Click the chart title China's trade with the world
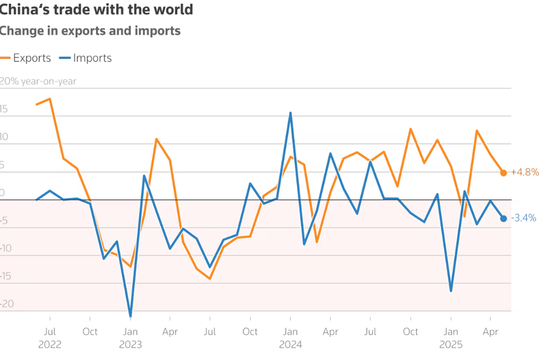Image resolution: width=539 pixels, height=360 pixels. click(96, 10)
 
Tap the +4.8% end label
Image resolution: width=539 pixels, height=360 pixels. click(524, 172)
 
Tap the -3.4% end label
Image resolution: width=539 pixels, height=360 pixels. click(523, 218)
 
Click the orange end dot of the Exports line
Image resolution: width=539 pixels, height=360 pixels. click(503, 173)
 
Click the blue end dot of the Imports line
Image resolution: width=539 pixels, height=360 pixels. click(503, 218)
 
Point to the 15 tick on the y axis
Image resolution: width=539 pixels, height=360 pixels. click(4, 109)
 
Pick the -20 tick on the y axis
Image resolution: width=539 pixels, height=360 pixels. click(6, 304)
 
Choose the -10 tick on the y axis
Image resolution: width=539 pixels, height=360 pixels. click(6, 248)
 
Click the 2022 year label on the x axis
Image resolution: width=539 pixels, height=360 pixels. click(50, 345)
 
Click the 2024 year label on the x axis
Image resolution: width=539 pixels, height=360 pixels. click(291, 345)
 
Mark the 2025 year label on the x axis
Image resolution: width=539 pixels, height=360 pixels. click(451, 345)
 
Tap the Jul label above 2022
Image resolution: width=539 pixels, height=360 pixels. click(50, 332)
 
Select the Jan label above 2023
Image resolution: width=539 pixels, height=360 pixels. click(130, 332)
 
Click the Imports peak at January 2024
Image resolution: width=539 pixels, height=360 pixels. click(291, 113)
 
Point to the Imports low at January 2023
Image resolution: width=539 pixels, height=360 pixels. click(130, 316)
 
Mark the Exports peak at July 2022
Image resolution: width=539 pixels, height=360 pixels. click(50, 99)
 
